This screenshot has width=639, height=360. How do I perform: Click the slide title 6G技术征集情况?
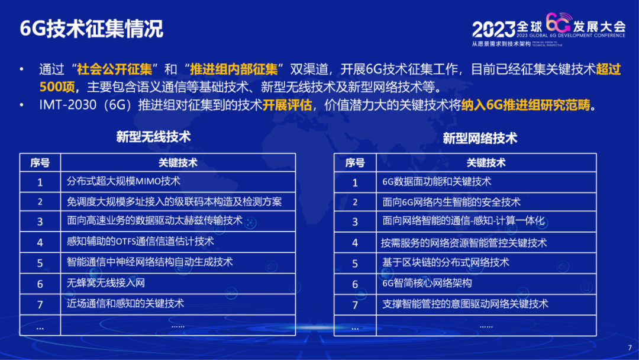(91, 29)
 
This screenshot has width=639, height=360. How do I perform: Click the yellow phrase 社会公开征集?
(115, 69)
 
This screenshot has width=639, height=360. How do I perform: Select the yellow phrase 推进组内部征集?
(234, 69)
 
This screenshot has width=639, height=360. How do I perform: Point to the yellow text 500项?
(57, 87)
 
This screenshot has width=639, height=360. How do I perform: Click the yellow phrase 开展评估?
(287, 105)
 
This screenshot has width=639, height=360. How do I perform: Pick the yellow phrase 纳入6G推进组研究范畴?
(526, 105)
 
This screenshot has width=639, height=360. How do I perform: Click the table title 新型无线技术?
(153, 137)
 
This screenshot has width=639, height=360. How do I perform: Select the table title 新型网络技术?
(480, 138)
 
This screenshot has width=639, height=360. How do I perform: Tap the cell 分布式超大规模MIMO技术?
(124, 181)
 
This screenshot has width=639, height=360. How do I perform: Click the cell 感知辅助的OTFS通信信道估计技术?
(140, 242)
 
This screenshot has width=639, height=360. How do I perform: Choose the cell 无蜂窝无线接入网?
(106, 282)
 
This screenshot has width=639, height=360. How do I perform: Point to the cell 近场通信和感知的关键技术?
(125, 303)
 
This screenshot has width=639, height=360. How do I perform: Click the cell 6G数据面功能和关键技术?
(437, 181)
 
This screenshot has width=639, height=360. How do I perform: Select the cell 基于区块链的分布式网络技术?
(446, 262)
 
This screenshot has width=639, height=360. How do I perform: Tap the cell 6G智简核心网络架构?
(427, 283)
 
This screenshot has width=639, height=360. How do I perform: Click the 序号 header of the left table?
(40, 163)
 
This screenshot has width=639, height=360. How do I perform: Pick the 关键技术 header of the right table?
(486, 163)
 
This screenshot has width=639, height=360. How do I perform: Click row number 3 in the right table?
(355, 222)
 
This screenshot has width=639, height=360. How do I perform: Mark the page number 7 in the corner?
(630, 348)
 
